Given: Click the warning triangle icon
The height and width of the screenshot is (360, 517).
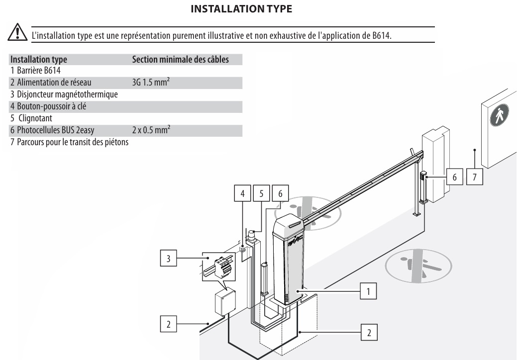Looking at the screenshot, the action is point(17,32).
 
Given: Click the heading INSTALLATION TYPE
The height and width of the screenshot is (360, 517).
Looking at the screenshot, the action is point(241,9).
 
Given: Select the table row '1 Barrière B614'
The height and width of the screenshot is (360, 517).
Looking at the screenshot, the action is point(35,71).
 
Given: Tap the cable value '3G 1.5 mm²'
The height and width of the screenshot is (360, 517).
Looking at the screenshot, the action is point(151,82).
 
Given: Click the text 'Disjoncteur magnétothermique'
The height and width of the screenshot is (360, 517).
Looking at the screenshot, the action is point(67,94).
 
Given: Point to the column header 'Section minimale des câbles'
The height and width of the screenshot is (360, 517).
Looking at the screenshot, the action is point(180,59).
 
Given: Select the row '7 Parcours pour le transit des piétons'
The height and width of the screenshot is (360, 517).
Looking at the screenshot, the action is point(69,142).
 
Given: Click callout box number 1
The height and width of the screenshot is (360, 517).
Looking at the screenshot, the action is point(368,291).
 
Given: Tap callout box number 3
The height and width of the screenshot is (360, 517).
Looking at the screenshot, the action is point(169,258).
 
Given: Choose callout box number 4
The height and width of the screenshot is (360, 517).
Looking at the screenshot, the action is point(242,193).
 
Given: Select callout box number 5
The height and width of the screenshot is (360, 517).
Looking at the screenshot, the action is point(261,193).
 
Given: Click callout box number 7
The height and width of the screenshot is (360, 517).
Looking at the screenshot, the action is point(475,177).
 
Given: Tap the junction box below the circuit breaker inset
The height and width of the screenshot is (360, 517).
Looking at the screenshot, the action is point(225,302).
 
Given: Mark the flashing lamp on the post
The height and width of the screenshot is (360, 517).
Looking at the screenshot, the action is point(252,235).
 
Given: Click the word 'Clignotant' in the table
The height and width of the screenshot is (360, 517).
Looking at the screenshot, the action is point(35,118).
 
